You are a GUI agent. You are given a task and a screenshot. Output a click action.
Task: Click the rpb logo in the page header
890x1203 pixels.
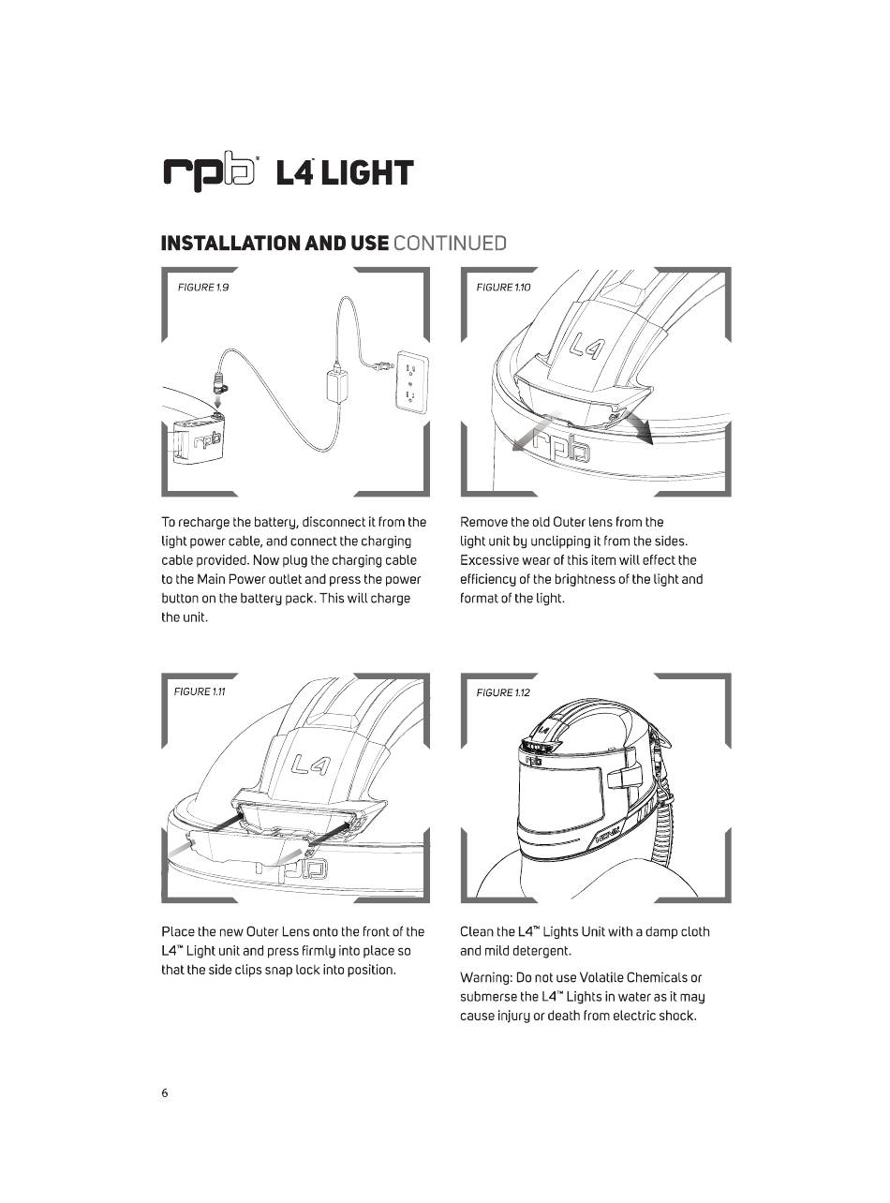coord(210,174)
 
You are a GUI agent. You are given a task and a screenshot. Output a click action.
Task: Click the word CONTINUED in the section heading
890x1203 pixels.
coord(450,244)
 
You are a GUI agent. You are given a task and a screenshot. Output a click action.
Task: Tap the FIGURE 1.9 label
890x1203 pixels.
coord(203,287)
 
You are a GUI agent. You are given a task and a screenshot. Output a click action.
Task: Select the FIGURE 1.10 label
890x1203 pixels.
coord(503,287)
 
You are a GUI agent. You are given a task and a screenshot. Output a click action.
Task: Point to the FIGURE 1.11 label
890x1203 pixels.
coord(200,691)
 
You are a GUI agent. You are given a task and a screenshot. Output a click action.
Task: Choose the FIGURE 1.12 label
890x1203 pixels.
coord(503,692)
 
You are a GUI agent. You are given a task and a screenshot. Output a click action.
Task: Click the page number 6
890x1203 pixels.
coord(165,1092)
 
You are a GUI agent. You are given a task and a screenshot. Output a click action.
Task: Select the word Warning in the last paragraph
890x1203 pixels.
coord(488,978)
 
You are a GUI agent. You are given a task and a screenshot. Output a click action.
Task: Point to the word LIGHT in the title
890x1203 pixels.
coord(368,174)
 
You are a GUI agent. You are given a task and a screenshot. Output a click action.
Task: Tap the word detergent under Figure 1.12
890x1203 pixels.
coord(537,951)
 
